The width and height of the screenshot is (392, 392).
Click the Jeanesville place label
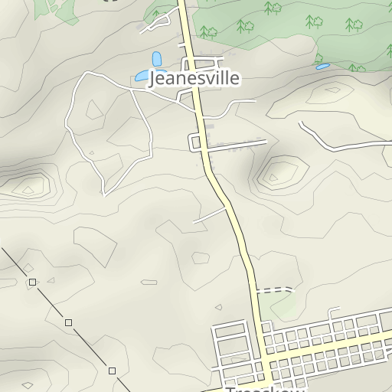(194, 79)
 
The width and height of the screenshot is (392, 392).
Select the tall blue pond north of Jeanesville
(157, 59)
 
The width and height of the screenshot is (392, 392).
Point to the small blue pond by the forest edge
(322, 67)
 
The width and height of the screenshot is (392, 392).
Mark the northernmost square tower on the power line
(32, 283)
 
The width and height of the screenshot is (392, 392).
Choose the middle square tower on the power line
(68, 323)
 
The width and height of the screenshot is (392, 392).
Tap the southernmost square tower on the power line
(112, 371)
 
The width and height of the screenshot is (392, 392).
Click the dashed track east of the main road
(275, 290)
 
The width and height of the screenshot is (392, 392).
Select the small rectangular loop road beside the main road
(195, 142)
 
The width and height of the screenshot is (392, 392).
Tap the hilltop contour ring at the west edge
(29, 185)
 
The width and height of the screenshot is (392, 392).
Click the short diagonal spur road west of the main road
(210, 215)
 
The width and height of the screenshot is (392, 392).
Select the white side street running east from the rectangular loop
(237, 145)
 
